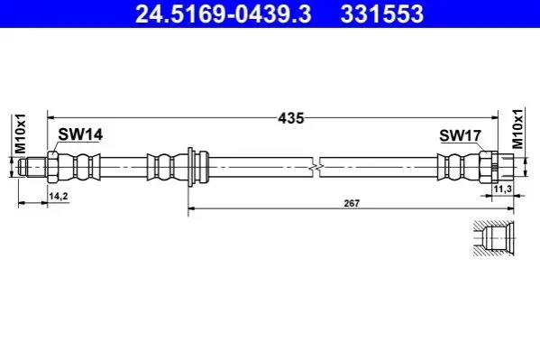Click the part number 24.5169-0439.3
[x=224, y=14]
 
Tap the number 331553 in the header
[x=382, y=14]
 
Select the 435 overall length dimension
[x=291, y=118]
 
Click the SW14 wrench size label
[x=80, y=134]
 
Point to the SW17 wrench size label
[x=460, y=135]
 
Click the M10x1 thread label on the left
[x=20, y=134]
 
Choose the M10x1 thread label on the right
[x=517, y=128]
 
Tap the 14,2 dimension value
[x=59, y=196]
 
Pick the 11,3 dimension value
[x=503, y=189]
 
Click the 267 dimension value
[x=352, y=203]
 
